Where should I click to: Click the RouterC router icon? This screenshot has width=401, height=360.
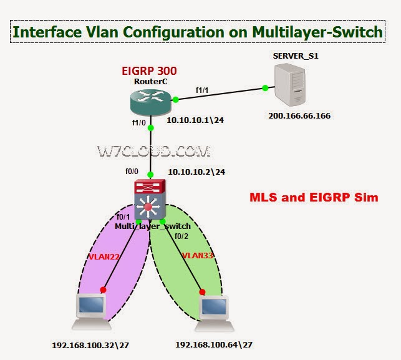click(150, 102)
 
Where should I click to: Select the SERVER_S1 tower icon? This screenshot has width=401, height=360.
click(290, 85)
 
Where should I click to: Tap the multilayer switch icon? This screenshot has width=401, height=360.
click(150, 200)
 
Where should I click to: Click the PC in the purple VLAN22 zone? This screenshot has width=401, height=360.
click(92, 311)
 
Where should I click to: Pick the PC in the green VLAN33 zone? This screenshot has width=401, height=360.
click(215, 314)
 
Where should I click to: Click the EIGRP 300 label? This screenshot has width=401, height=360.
click(149, 71)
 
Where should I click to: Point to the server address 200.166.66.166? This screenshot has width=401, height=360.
click(299, 115)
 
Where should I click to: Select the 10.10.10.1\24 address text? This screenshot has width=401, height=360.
click(195, 120)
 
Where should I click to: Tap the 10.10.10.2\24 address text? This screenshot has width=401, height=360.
click(196, 172)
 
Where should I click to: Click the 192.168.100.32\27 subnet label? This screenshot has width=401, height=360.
click(90, 345)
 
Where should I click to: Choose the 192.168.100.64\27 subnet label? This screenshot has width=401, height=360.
click(214, 344)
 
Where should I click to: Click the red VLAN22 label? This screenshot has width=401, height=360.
click(104, 256)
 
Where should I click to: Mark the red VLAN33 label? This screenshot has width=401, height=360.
click(198, 255)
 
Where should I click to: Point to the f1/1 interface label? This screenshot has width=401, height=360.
click(202, 90)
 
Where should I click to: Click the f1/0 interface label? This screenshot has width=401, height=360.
click(139, 123)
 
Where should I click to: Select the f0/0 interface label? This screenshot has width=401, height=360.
click(132, 171)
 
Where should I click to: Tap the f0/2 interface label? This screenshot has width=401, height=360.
click(181, 236)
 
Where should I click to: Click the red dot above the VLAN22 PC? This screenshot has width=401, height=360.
click(103, 289)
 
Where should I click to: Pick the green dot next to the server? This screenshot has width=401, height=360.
click(265, 88)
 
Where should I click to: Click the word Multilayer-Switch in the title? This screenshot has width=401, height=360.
click(317, 32)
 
